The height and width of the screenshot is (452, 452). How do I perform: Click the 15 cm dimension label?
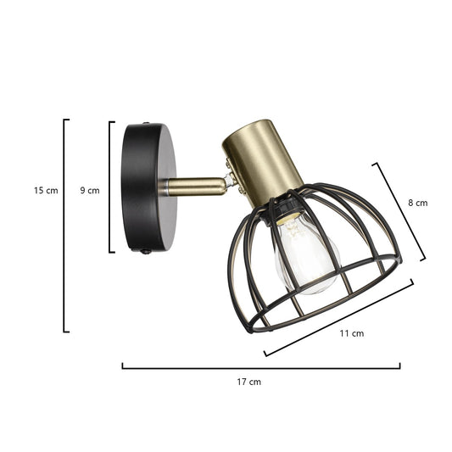(46, 191)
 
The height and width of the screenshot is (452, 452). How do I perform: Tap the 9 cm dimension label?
(89, 191)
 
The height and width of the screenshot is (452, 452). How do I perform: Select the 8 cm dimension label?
(417, 203)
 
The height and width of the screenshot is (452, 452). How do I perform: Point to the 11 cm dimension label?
(351, 333)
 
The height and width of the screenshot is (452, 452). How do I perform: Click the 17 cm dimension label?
(248, 382)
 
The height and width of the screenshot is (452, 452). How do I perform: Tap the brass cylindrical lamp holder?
(263, 161)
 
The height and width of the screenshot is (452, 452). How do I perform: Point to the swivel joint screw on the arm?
(230, 180)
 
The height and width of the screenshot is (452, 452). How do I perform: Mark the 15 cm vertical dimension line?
(64, 225)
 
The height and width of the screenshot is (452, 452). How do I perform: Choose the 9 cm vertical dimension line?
(110, 187)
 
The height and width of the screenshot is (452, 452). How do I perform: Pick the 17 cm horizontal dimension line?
(261, 367)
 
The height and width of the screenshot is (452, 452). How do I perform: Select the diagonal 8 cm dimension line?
(399, 211)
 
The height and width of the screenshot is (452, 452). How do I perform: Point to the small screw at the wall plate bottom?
(146, 252)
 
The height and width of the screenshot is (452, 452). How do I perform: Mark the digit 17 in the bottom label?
(243, 382)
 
